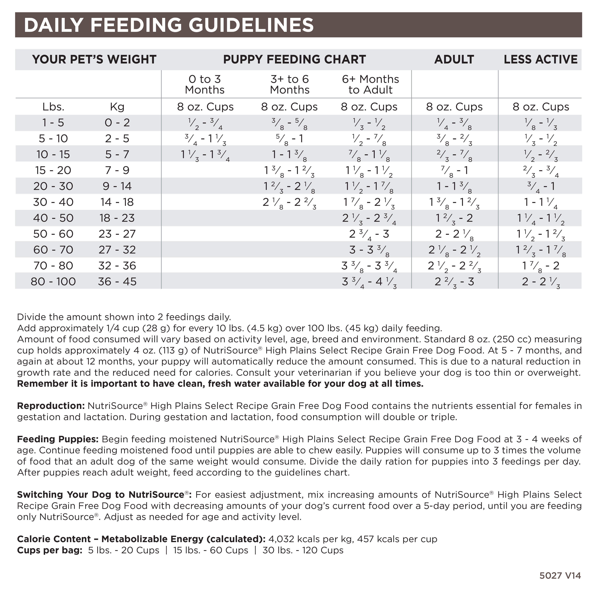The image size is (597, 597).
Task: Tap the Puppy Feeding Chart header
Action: click(x=294, y=59)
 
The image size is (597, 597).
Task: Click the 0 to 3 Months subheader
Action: click(x=205, y=84)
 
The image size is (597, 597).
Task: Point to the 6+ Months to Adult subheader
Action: click(x=370, y=84)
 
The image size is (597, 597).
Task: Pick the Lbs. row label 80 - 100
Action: click(x=53, y=282)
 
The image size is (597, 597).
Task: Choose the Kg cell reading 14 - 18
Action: click(x=117, y=202)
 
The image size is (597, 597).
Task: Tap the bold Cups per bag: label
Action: click(x=49, y=550)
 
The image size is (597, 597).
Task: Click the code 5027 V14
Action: click(x=560, y=576)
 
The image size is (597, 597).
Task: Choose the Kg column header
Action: click(x=117, y=107)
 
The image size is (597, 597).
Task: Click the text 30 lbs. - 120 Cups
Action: click(x=303, y=550)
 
